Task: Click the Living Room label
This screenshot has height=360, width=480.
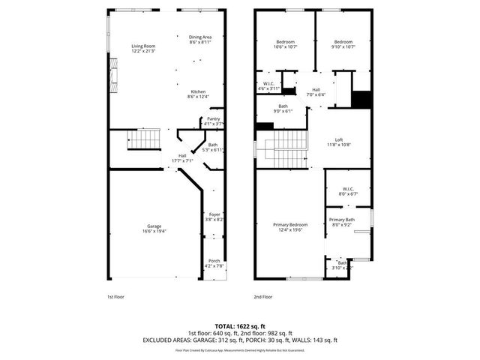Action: click(x=142, y=48)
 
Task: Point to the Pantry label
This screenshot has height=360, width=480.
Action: click(x=214, y=121)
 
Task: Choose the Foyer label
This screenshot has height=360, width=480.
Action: click(x=214, y=217)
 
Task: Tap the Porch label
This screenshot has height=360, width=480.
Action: click(x=214, y=263)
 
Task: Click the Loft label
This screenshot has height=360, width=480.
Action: click(x=339, y=141)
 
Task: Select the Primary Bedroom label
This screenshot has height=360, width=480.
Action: click(x=289, y=227)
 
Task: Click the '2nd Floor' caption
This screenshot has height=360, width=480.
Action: click(x=262, y=297)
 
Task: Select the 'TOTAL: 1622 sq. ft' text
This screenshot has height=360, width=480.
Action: click(x=240, y=325)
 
